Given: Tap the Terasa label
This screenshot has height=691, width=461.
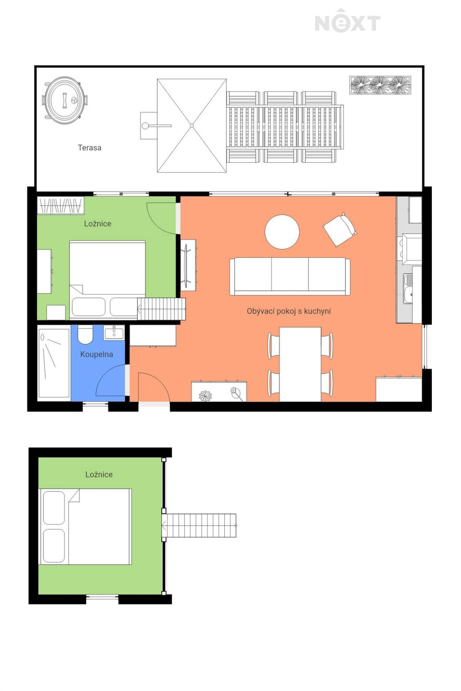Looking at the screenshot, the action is tap(89, 148).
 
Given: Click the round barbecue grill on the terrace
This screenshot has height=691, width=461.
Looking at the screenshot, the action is tap(65, 100).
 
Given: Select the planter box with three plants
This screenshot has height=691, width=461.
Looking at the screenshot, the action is tap(380, 85).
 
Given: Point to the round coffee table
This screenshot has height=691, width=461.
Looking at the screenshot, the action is tap(282, 232).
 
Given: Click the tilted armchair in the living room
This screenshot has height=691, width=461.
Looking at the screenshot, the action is tap(340, 229).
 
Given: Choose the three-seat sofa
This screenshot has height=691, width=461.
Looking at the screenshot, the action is tap(290, 276).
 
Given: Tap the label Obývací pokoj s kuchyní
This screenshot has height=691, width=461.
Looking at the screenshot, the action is tap(289, 311).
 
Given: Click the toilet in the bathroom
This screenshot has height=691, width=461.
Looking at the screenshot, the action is tap(85, 334).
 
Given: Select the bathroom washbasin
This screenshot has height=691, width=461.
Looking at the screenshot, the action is tap(114, 333).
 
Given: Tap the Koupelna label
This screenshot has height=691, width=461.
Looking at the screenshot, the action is tap(97, 354).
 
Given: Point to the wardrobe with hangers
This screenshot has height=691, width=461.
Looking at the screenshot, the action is tap(61, 205).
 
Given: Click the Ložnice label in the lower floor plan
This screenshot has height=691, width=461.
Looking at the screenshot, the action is tap(99, 474).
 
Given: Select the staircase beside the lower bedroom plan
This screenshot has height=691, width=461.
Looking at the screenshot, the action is tap(199, 525).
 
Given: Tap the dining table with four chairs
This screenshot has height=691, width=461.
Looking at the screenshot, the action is tap(300, 365).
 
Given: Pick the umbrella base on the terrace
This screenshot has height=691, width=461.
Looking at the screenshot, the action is tap(149, 126).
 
